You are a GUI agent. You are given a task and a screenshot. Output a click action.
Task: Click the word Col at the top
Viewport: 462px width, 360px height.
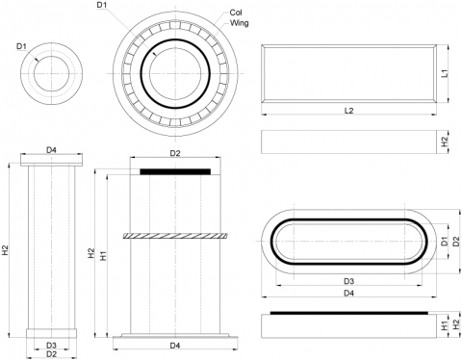(x=236, y=13)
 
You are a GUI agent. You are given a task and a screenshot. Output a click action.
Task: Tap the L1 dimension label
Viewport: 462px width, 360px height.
(x=445, y=72)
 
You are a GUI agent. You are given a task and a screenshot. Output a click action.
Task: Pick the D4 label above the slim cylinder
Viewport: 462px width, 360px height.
(x=52, y=149)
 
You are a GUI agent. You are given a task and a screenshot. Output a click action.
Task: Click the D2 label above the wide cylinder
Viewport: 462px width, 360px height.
(x=175, y=153)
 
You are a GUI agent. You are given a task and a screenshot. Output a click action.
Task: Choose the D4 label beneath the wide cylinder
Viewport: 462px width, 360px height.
(x=175, y=345)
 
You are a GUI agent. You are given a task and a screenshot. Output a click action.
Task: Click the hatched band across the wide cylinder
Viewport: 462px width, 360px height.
(x=174, y=235)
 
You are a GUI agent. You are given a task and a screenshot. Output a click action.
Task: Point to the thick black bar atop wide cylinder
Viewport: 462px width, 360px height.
(x=174, y=170)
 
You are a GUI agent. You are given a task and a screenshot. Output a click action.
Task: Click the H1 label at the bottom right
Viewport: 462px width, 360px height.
(x=444, y=325)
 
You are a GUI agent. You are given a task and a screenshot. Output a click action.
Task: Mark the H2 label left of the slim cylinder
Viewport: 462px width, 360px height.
(x=7, y=252)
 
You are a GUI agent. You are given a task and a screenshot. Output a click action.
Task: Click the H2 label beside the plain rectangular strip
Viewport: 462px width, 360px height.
(x=445, y=141)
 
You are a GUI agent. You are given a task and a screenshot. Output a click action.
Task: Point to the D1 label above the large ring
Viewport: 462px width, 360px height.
(x=103, y=6)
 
